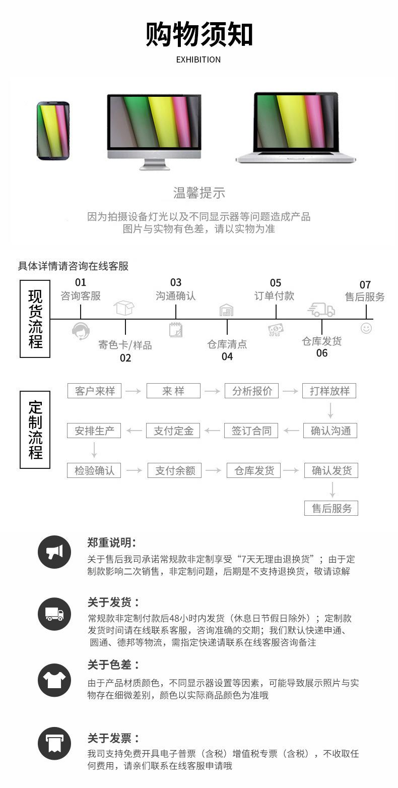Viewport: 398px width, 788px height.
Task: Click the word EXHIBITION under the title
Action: coord(198,59)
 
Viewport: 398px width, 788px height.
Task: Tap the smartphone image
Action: coord(53,131)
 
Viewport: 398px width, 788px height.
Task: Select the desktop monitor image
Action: coord(154,131)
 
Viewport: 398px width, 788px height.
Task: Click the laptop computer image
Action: coord(296,128)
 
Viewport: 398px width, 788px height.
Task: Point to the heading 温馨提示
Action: coord(199,193)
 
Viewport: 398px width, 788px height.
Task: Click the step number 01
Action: coord(81,282)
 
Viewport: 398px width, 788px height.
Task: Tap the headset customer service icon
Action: coord(81,331)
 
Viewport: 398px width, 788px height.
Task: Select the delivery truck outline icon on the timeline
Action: coord(321,310)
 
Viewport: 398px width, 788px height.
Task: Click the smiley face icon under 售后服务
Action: coord(366,328)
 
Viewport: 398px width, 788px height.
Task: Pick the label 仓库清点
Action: coord(227,344)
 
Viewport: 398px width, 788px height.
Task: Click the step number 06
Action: coord(322,353)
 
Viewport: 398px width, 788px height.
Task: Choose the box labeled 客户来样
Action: coord(95,391)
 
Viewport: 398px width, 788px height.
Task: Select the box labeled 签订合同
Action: coord(251,431)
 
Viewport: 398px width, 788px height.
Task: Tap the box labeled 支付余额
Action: coord(175,470)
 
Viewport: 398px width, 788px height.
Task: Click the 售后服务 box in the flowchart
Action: coord(331,508)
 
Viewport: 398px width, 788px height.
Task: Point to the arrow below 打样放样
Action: coord(330,410)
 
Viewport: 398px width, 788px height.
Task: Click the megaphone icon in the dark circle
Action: coord(54,552)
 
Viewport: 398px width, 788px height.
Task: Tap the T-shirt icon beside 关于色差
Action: coord(54,681)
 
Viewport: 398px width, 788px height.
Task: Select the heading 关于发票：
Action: coord(113,738)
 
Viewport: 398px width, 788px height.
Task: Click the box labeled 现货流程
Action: coord(35,319)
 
